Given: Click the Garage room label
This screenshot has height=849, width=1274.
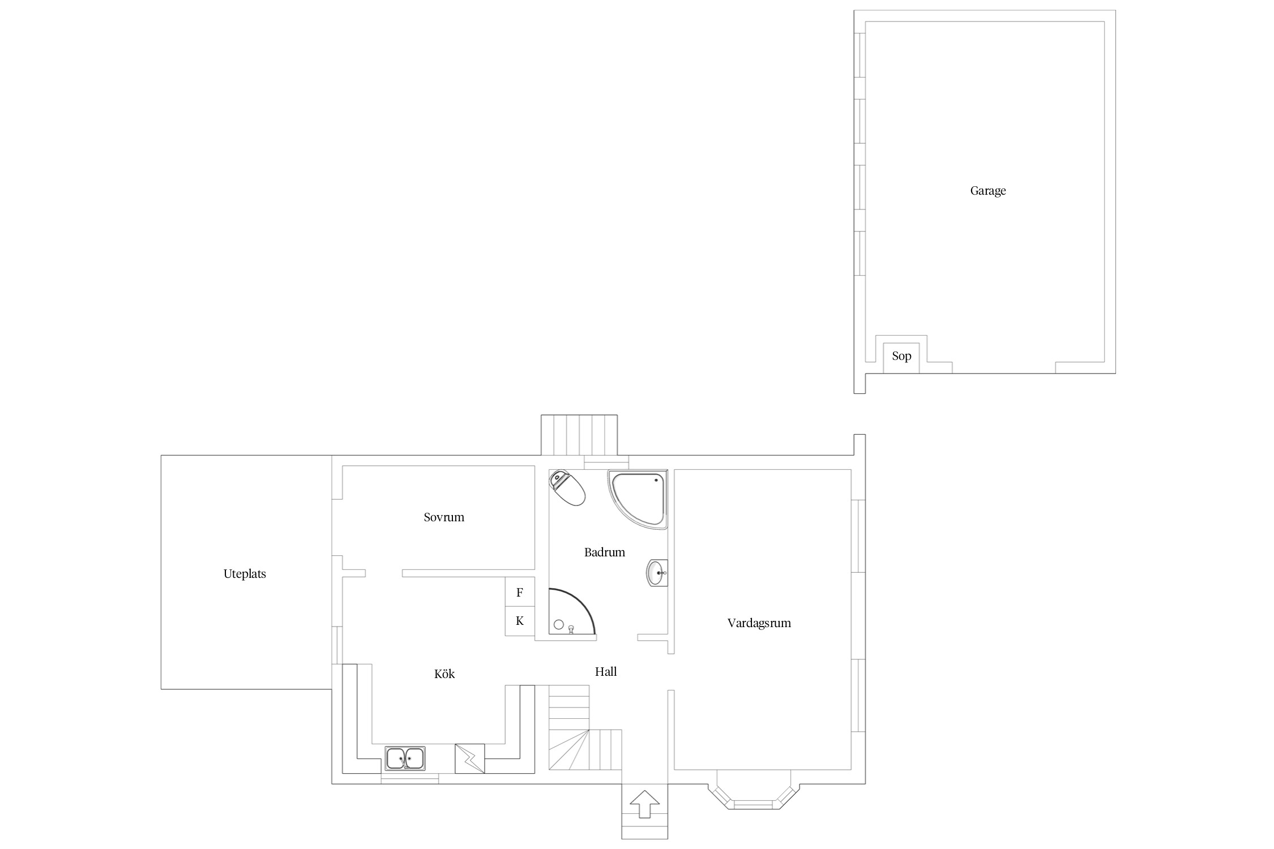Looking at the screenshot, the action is tap(988, 191).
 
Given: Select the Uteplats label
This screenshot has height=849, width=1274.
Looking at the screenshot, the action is tap(245, 574).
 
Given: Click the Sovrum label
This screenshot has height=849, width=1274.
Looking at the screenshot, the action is tap(444, 517).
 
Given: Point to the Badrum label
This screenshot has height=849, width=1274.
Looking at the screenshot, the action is tap(605, 552).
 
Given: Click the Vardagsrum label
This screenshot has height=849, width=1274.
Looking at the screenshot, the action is tap(759, 623).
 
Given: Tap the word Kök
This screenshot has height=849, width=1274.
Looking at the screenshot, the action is tap(444, 674).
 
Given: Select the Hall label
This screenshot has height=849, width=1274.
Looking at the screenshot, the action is tap(606, 671).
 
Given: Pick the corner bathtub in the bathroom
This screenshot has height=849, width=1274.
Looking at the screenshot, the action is tap(637, 499).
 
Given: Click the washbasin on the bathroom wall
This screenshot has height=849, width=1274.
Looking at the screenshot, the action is tap(657, 573).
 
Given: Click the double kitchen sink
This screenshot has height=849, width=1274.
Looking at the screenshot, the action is tap(405, 758).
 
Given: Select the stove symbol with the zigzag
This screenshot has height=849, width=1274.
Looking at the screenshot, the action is tap(470, 758).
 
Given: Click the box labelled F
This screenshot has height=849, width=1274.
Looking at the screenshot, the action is tap(520, 593).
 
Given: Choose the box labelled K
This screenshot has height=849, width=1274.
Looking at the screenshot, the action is tap(520, 621).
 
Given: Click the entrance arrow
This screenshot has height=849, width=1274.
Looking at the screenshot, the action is tap(644, 804).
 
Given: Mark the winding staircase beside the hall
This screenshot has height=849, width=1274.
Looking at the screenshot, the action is tap(585, 728).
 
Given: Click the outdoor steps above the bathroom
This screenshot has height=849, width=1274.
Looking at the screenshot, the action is tap(579, 435).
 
